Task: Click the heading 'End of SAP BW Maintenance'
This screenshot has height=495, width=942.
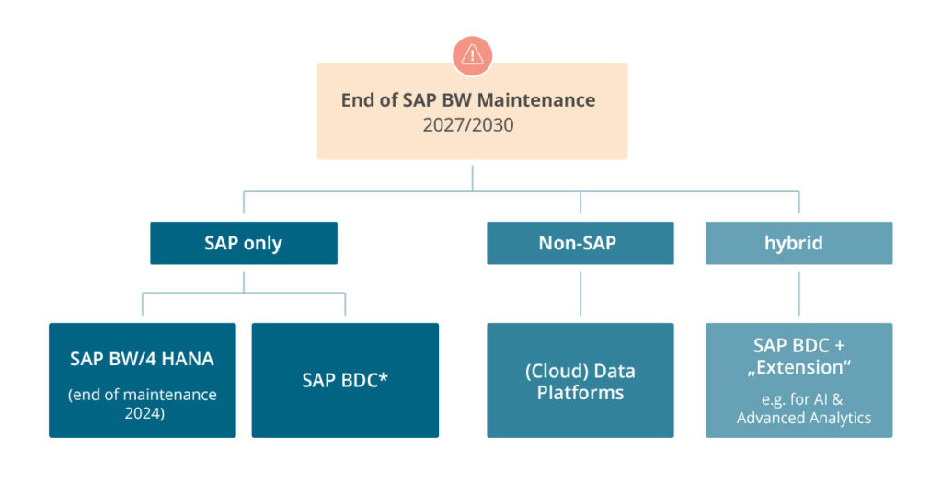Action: (468, 99)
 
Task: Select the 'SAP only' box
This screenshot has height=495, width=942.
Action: (243, 243)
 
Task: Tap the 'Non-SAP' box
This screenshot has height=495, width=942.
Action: (580, 243)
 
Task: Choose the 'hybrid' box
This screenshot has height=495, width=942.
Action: (798, 243)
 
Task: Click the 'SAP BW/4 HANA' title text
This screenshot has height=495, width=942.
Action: (142, 359)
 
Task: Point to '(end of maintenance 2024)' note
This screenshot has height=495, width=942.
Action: (142, 403)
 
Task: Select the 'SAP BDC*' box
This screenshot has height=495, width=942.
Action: (345, 379)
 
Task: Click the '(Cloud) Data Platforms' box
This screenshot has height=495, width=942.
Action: (580, 381)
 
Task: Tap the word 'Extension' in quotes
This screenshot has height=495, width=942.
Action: (798, 367)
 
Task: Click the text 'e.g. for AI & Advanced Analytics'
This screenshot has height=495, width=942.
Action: (798, 409)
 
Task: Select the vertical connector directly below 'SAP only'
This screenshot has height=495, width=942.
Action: (243, 278)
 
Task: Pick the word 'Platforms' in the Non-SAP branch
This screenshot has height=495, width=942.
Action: (580, 393)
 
